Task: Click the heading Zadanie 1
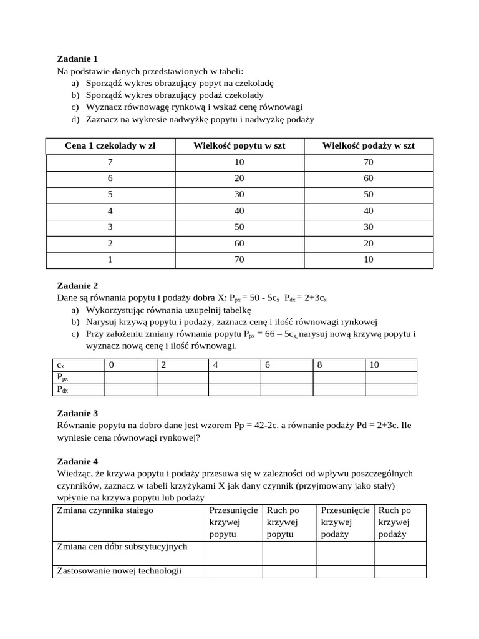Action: point(77,59)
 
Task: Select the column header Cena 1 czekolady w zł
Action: point(110,146)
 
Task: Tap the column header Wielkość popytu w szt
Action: point(239,146)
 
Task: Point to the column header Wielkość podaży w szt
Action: point(368,146)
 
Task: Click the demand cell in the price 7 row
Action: point(239,162)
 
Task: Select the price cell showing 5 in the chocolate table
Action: point(110,195)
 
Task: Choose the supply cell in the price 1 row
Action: point(368,260)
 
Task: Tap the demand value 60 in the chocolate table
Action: point(239,243)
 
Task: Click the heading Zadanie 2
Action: point(77,286)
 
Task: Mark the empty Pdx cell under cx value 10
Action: point(390,390)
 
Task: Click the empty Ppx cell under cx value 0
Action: point(130,378)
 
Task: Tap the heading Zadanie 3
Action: point(77,413)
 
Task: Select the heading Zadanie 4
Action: point(77,462)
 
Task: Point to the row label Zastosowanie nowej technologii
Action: point(119,571)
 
